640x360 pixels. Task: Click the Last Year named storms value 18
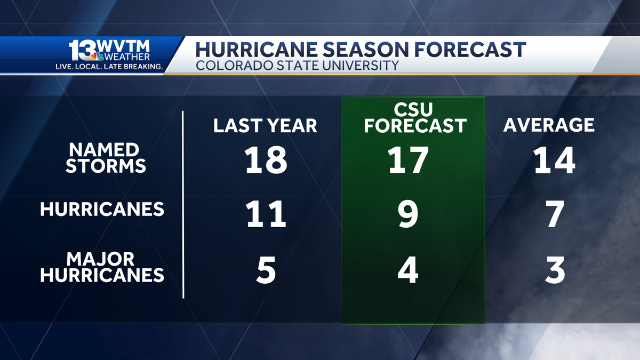point(266,160)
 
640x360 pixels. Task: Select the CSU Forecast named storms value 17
point(408,160)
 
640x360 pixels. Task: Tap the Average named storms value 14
point(554,160)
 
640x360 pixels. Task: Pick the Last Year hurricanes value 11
point(266,214)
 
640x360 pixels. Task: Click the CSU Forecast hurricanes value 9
point(408,214)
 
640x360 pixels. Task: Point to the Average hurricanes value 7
point(555,214)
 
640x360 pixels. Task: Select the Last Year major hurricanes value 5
point(266,270)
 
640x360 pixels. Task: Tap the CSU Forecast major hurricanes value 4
point(408,270)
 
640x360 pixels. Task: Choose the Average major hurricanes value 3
point(555,270)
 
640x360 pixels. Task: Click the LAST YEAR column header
point(265,125)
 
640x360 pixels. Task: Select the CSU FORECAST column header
point(415,118)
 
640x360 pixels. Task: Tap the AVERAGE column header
point(549,125)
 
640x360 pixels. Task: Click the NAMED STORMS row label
point(106,158)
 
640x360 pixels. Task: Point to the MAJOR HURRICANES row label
point(102,267)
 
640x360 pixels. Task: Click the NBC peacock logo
point(97,56)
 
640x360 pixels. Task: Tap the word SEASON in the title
point(366,50)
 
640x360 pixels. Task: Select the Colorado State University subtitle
point(297,66)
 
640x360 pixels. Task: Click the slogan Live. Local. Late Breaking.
point(109,67)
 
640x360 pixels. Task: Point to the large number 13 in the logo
point(83,50)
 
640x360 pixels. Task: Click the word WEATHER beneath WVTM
point(127,57)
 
